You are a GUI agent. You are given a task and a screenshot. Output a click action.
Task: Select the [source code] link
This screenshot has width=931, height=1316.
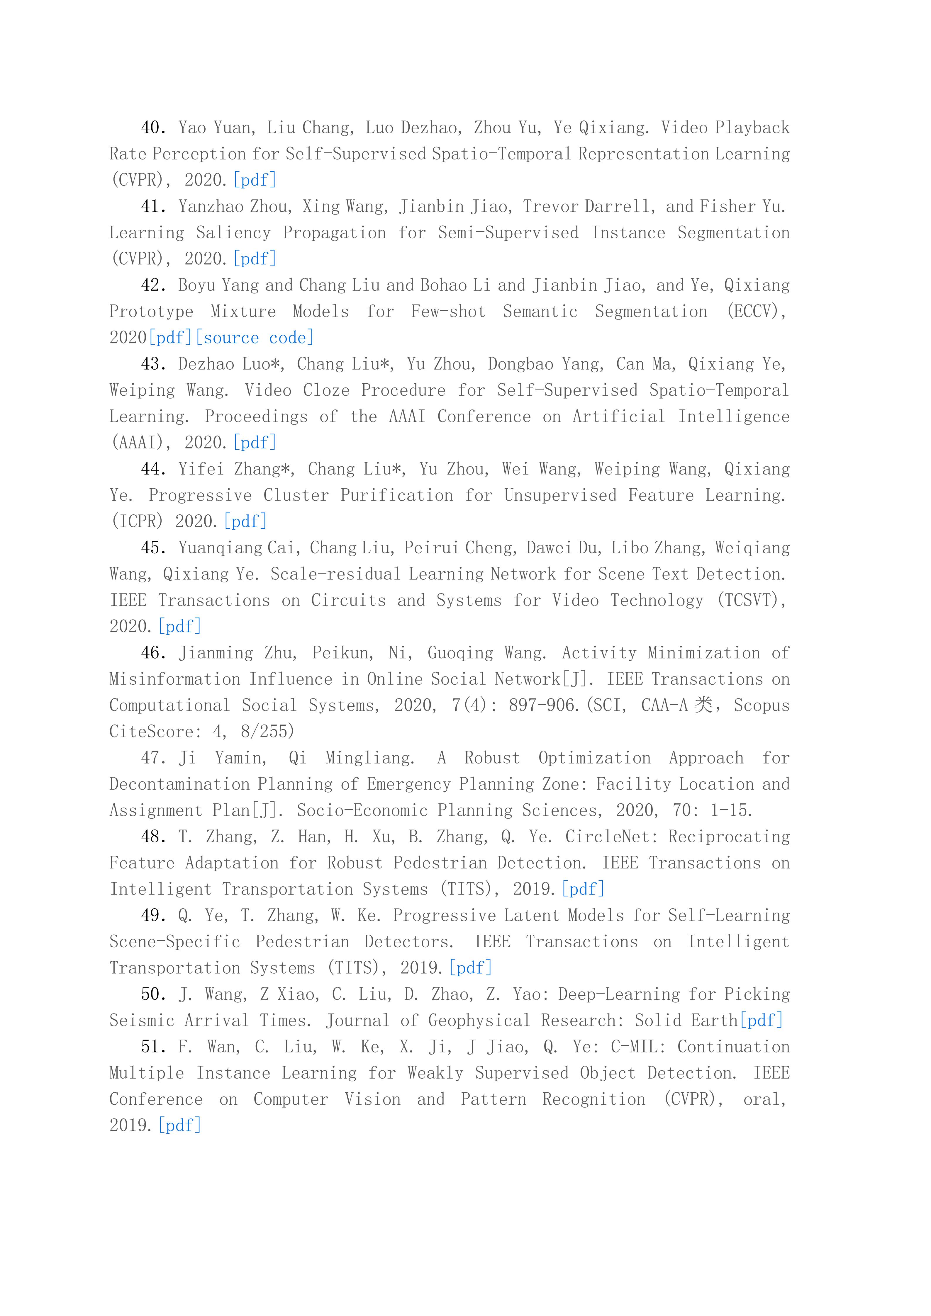tap(255, 338)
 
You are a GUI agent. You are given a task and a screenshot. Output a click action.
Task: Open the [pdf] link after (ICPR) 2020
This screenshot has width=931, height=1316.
tap(245, 521)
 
